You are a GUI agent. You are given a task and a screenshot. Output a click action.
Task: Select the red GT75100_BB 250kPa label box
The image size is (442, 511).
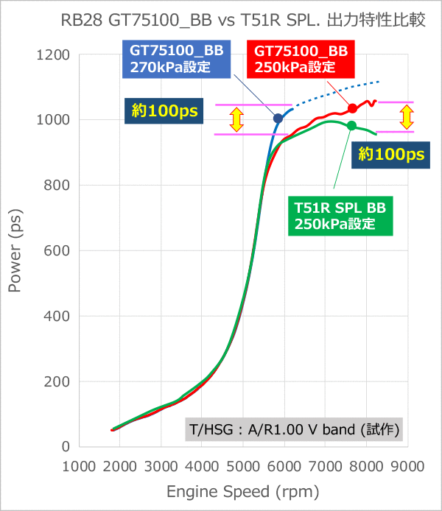click(x=301, y=59)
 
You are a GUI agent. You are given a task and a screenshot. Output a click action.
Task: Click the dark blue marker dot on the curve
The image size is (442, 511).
click(x=278, y=119)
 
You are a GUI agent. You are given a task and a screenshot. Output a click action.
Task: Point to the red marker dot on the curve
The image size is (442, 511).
click(x=352, y=108)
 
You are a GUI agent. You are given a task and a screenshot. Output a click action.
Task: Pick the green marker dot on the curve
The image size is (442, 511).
click(x=351, y=126)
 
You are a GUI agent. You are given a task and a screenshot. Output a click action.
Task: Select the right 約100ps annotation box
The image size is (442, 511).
click(x=391, y=154)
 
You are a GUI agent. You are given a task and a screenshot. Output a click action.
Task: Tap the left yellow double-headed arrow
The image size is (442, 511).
click(x=236, y=119)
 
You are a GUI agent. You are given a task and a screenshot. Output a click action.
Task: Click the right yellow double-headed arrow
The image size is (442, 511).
click(x=406, y=116)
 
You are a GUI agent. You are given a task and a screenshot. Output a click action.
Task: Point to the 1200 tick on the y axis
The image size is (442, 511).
click(x=53, y=54)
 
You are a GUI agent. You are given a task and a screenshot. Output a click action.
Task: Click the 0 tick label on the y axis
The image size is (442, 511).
click(x=66, y=447)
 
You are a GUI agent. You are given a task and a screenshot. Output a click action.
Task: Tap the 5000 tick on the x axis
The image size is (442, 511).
click(x=243, y=467)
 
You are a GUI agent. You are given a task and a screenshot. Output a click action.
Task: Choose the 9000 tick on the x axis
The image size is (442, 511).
click(x=407, y=467)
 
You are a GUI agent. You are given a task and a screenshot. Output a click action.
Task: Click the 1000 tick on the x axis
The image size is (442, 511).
click(x=79, y=467)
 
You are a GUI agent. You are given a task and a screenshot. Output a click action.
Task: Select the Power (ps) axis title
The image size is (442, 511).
click(x=15, y=250)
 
